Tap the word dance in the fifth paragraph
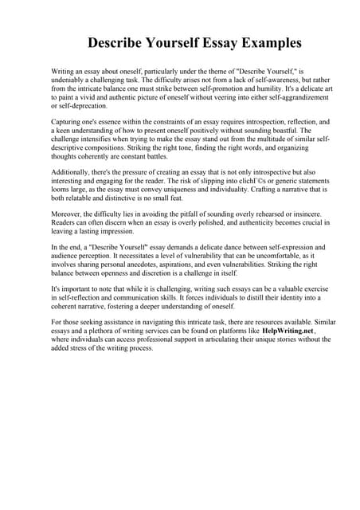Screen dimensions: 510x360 point(218,249)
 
